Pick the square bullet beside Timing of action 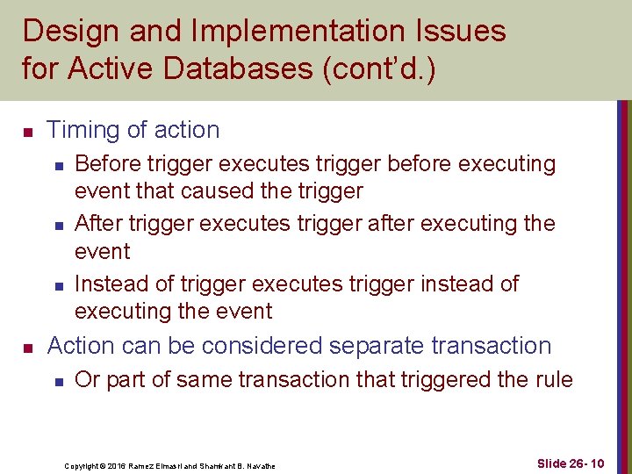[27, 132]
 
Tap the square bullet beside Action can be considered [27, 348]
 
